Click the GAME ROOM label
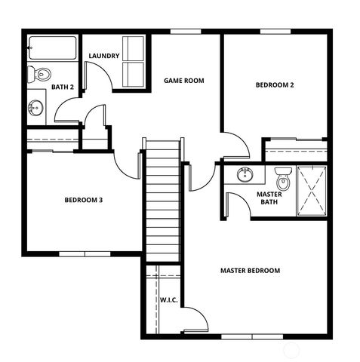184,80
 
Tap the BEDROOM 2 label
274,85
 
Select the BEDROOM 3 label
83,200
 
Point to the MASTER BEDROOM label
250,270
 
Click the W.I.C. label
168,300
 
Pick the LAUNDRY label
103,57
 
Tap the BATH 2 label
62,87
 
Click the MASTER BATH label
269,198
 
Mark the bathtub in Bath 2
52,49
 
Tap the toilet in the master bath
284,179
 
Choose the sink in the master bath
245,176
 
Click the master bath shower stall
311,190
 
